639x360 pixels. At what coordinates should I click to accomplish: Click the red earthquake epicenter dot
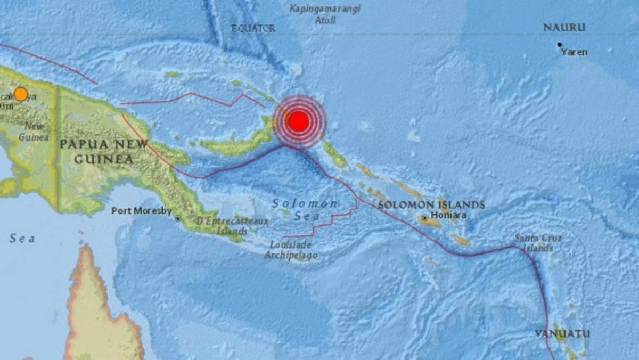pyautogui.click(x=299, y=122)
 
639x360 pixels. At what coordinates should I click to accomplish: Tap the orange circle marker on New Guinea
pyautogui.click(x=21, y=94)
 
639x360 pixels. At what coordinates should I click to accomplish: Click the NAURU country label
pyautogui.click(x=564, y=28)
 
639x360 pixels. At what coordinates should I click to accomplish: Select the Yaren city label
pyautogui.click(x=575, y=52)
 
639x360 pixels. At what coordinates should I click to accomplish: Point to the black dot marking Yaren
pyautogui.click(x=559, y=45)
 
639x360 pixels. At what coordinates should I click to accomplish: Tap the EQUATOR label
pyautogui.click(x=253, y=29)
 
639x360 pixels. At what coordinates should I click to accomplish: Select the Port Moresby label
pyautogui.click(x=141, y=211)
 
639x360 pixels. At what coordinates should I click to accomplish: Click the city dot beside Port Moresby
pyautogui.click(x=177, y=218)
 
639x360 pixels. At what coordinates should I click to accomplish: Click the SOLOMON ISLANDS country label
pyautogui.click(x=431, y=204)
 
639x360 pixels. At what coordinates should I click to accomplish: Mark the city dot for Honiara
pyautogui.click(x=424, y=218)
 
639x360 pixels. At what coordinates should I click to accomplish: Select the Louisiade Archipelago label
pyautogui.click(x=291, y=250)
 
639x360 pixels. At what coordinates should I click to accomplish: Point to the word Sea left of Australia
pyautogui.click(x=22, y=239)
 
